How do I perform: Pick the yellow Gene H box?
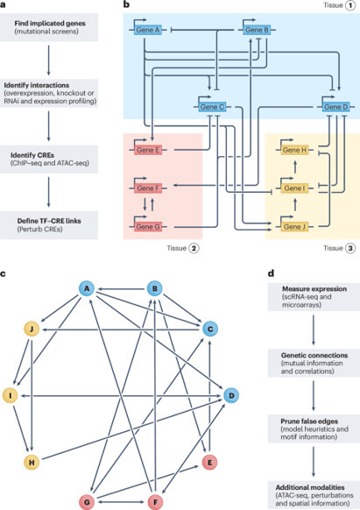point(293,151)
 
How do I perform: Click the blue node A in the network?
point(87,288)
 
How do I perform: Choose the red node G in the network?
point(87,501)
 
